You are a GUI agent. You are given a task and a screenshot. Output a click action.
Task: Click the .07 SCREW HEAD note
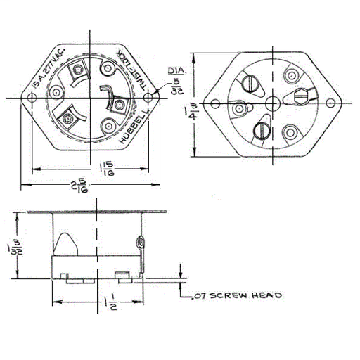pos(235,295)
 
